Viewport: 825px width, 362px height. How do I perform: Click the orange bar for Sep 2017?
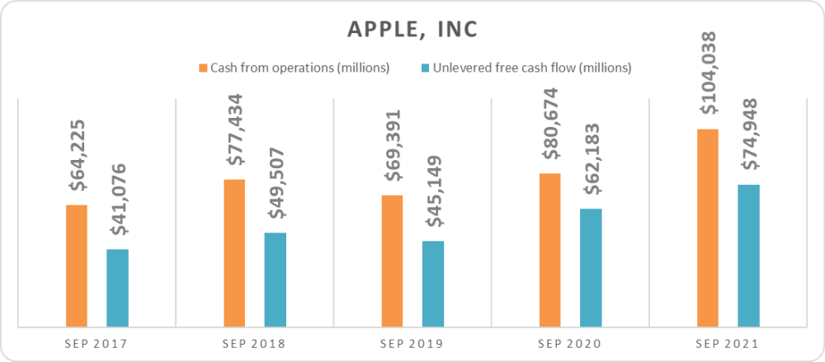(x=77, y=266)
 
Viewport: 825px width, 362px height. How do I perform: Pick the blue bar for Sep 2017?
(x=118, y=288)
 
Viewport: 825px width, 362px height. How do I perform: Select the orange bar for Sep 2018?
(x=234, y=252)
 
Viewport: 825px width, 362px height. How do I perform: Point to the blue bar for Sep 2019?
(x=433, y=284)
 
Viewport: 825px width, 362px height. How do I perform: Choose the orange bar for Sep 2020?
(x=549, y=250)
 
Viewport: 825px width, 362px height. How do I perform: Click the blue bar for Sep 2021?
(x=748, y=256)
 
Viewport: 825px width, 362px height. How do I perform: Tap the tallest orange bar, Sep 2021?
(x=708, y=228)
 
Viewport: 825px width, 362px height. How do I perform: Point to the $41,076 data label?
(x=118, y=202)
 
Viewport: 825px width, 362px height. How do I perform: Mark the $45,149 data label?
(x=433, y=194)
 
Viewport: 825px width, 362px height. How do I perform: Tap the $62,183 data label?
(x=591, y=161)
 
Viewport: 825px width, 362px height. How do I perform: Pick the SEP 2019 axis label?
(x=412, y=343)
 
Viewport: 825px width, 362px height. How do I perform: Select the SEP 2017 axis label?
(x=97, y=343)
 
